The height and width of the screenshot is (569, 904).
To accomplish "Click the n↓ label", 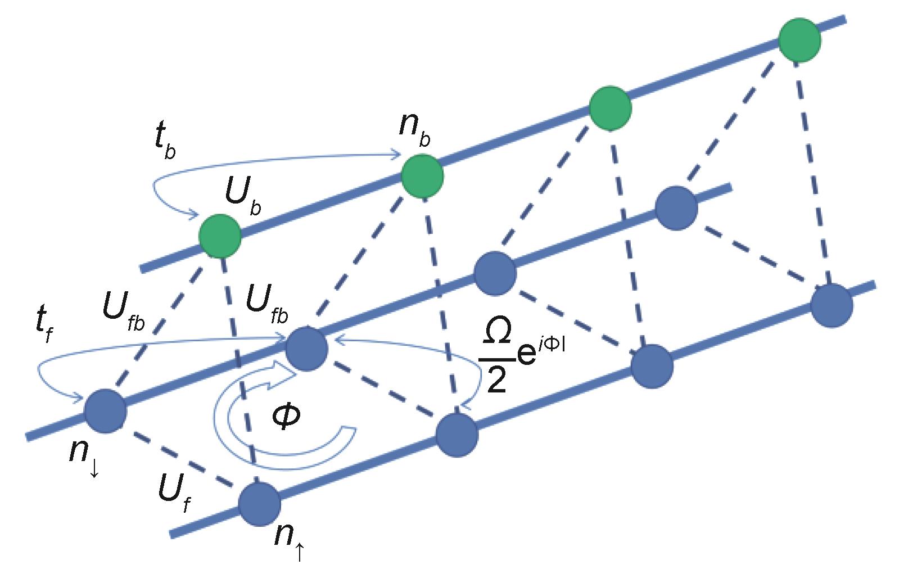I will (84, 456).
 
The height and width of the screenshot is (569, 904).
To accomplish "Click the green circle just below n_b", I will (422, 177).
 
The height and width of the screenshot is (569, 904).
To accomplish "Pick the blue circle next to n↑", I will (259, 504).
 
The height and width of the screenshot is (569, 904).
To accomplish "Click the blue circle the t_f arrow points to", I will (306, 350).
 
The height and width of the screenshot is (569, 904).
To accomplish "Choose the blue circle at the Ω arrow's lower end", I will (457, 435).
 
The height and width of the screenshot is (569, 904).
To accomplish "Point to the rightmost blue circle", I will (831, 305).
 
